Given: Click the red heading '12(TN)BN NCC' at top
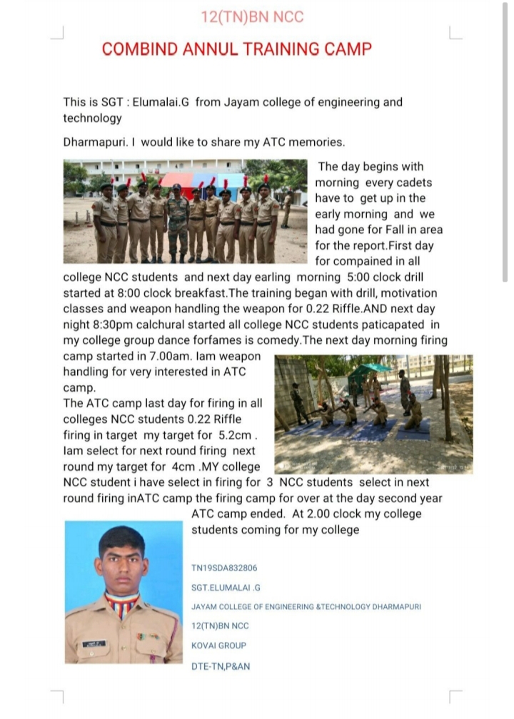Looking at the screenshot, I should click(x=253, y=16).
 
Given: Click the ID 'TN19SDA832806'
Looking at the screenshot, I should click(x=224, y=568).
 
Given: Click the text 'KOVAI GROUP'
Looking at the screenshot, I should click(x=218, y=646).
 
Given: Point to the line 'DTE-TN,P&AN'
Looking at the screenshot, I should click(x=221, y=666).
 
